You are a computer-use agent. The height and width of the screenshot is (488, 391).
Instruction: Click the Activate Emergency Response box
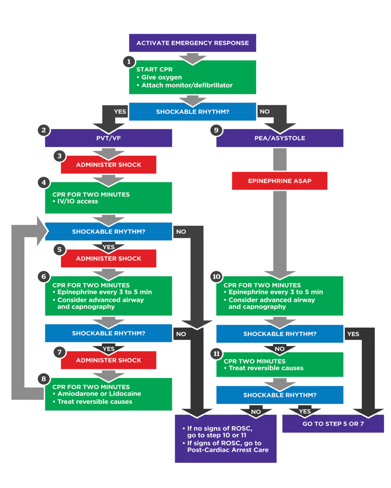(192, 43)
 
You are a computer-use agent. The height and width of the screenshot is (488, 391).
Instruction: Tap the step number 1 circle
(128, 61)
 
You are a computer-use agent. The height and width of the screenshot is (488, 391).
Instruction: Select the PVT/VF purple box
(109, 138)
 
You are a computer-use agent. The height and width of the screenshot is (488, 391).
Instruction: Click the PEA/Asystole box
(280, 138)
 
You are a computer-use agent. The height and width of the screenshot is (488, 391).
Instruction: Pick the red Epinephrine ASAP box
(280, 181)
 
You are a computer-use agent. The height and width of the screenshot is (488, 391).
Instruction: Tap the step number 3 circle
(60, 156)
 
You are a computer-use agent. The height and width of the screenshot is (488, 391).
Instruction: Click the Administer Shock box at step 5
(109, 259)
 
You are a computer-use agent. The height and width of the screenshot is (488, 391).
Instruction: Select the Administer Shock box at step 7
(109, 360)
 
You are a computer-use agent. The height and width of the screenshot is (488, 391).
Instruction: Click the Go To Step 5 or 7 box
(333, 423)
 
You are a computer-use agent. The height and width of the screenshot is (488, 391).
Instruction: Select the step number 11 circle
(216, 354)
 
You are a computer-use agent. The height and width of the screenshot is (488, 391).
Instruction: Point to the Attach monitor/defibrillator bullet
(187, 85)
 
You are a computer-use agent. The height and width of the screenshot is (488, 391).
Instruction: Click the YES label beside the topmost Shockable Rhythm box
(120, 112)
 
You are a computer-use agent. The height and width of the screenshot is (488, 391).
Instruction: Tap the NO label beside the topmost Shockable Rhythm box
(264, 112)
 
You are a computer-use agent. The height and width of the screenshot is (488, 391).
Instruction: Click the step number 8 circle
(44, 379)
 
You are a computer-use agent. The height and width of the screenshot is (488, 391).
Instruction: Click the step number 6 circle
(44, 277)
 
